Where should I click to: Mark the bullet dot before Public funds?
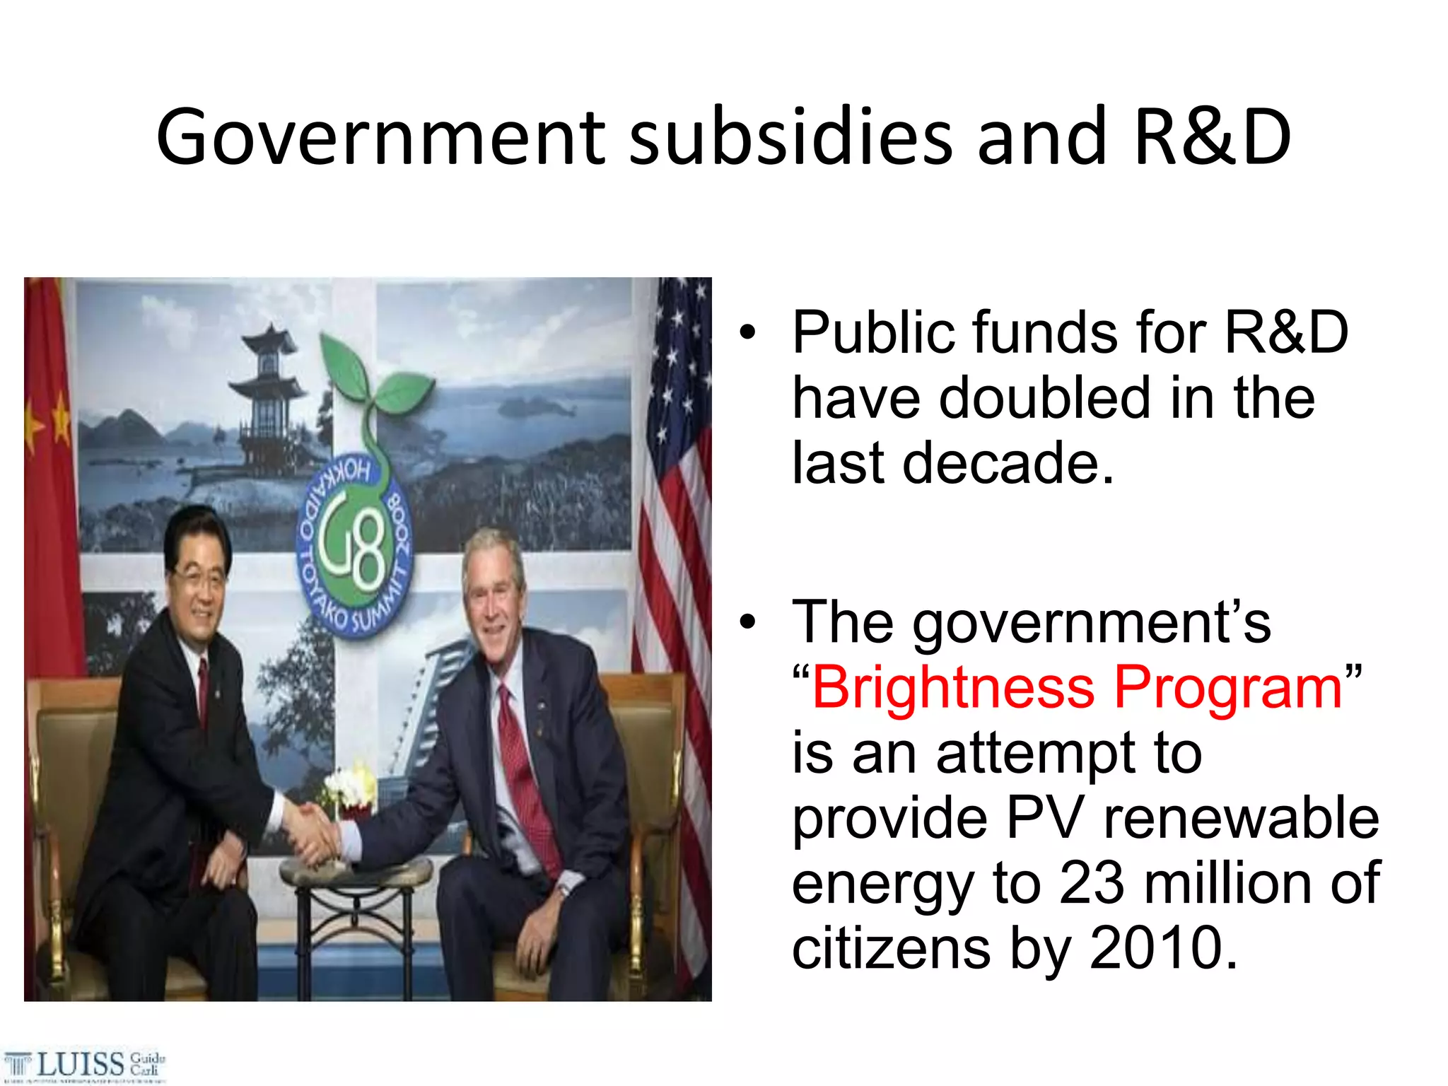click(748, 332)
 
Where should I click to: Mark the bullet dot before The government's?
click(748, 622)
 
